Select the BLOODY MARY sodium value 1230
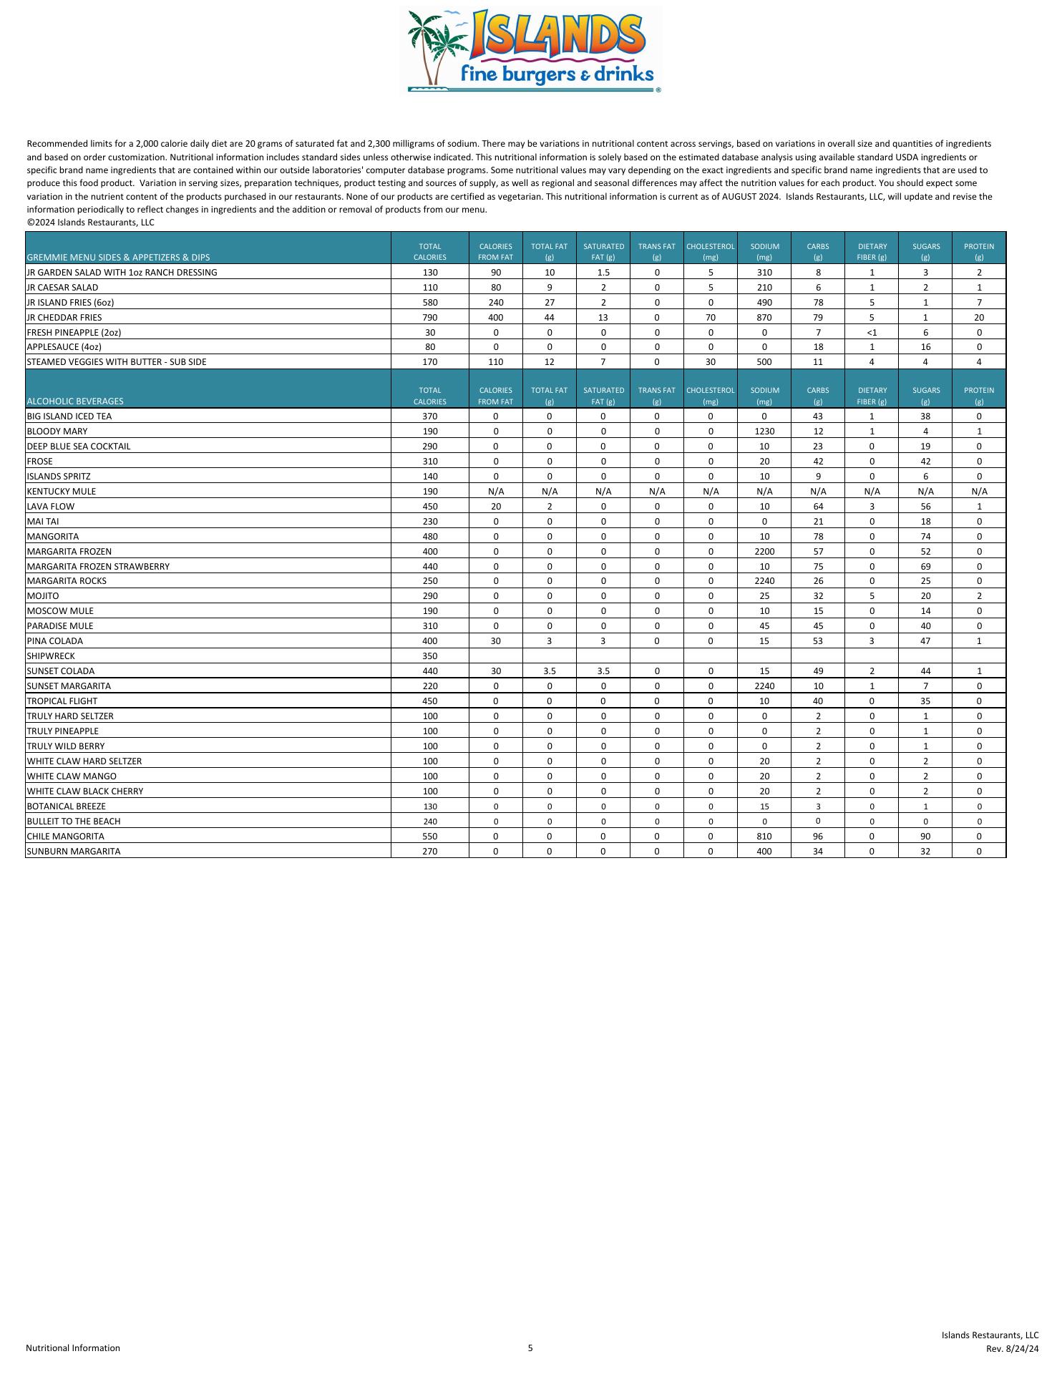[x=764, y=432]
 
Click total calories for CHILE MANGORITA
[x=429, y=837]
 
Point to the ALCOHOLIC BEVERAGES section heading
[x=74, y=401]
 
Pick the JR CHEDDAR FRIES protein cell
[x=978, y=318]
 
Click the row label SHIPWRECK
[x=50, y=656]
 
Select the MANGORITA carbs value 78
[x=817, y=537]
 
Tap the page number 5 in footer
[x=530, y=1348]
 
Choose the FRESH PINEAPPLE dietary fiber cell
[x=871, y=333]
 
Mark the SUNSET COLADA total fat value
[x=549, y=671]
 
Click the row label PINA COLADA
[x=54, y=641]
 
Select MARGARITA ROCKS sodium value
[x=764, y=581]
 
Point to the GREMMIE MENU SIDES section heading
[x=118, y=257]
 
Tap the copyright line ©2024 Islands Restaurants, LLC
[x=90, y=223]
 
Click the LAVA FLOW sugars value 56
[x=925, y=507]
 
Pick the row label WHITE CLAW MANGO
[x=71, y=776]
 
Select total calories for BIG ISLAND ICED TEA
[x=429, y=416]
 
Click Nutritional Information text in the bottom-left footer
[x=73, y=1348]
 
